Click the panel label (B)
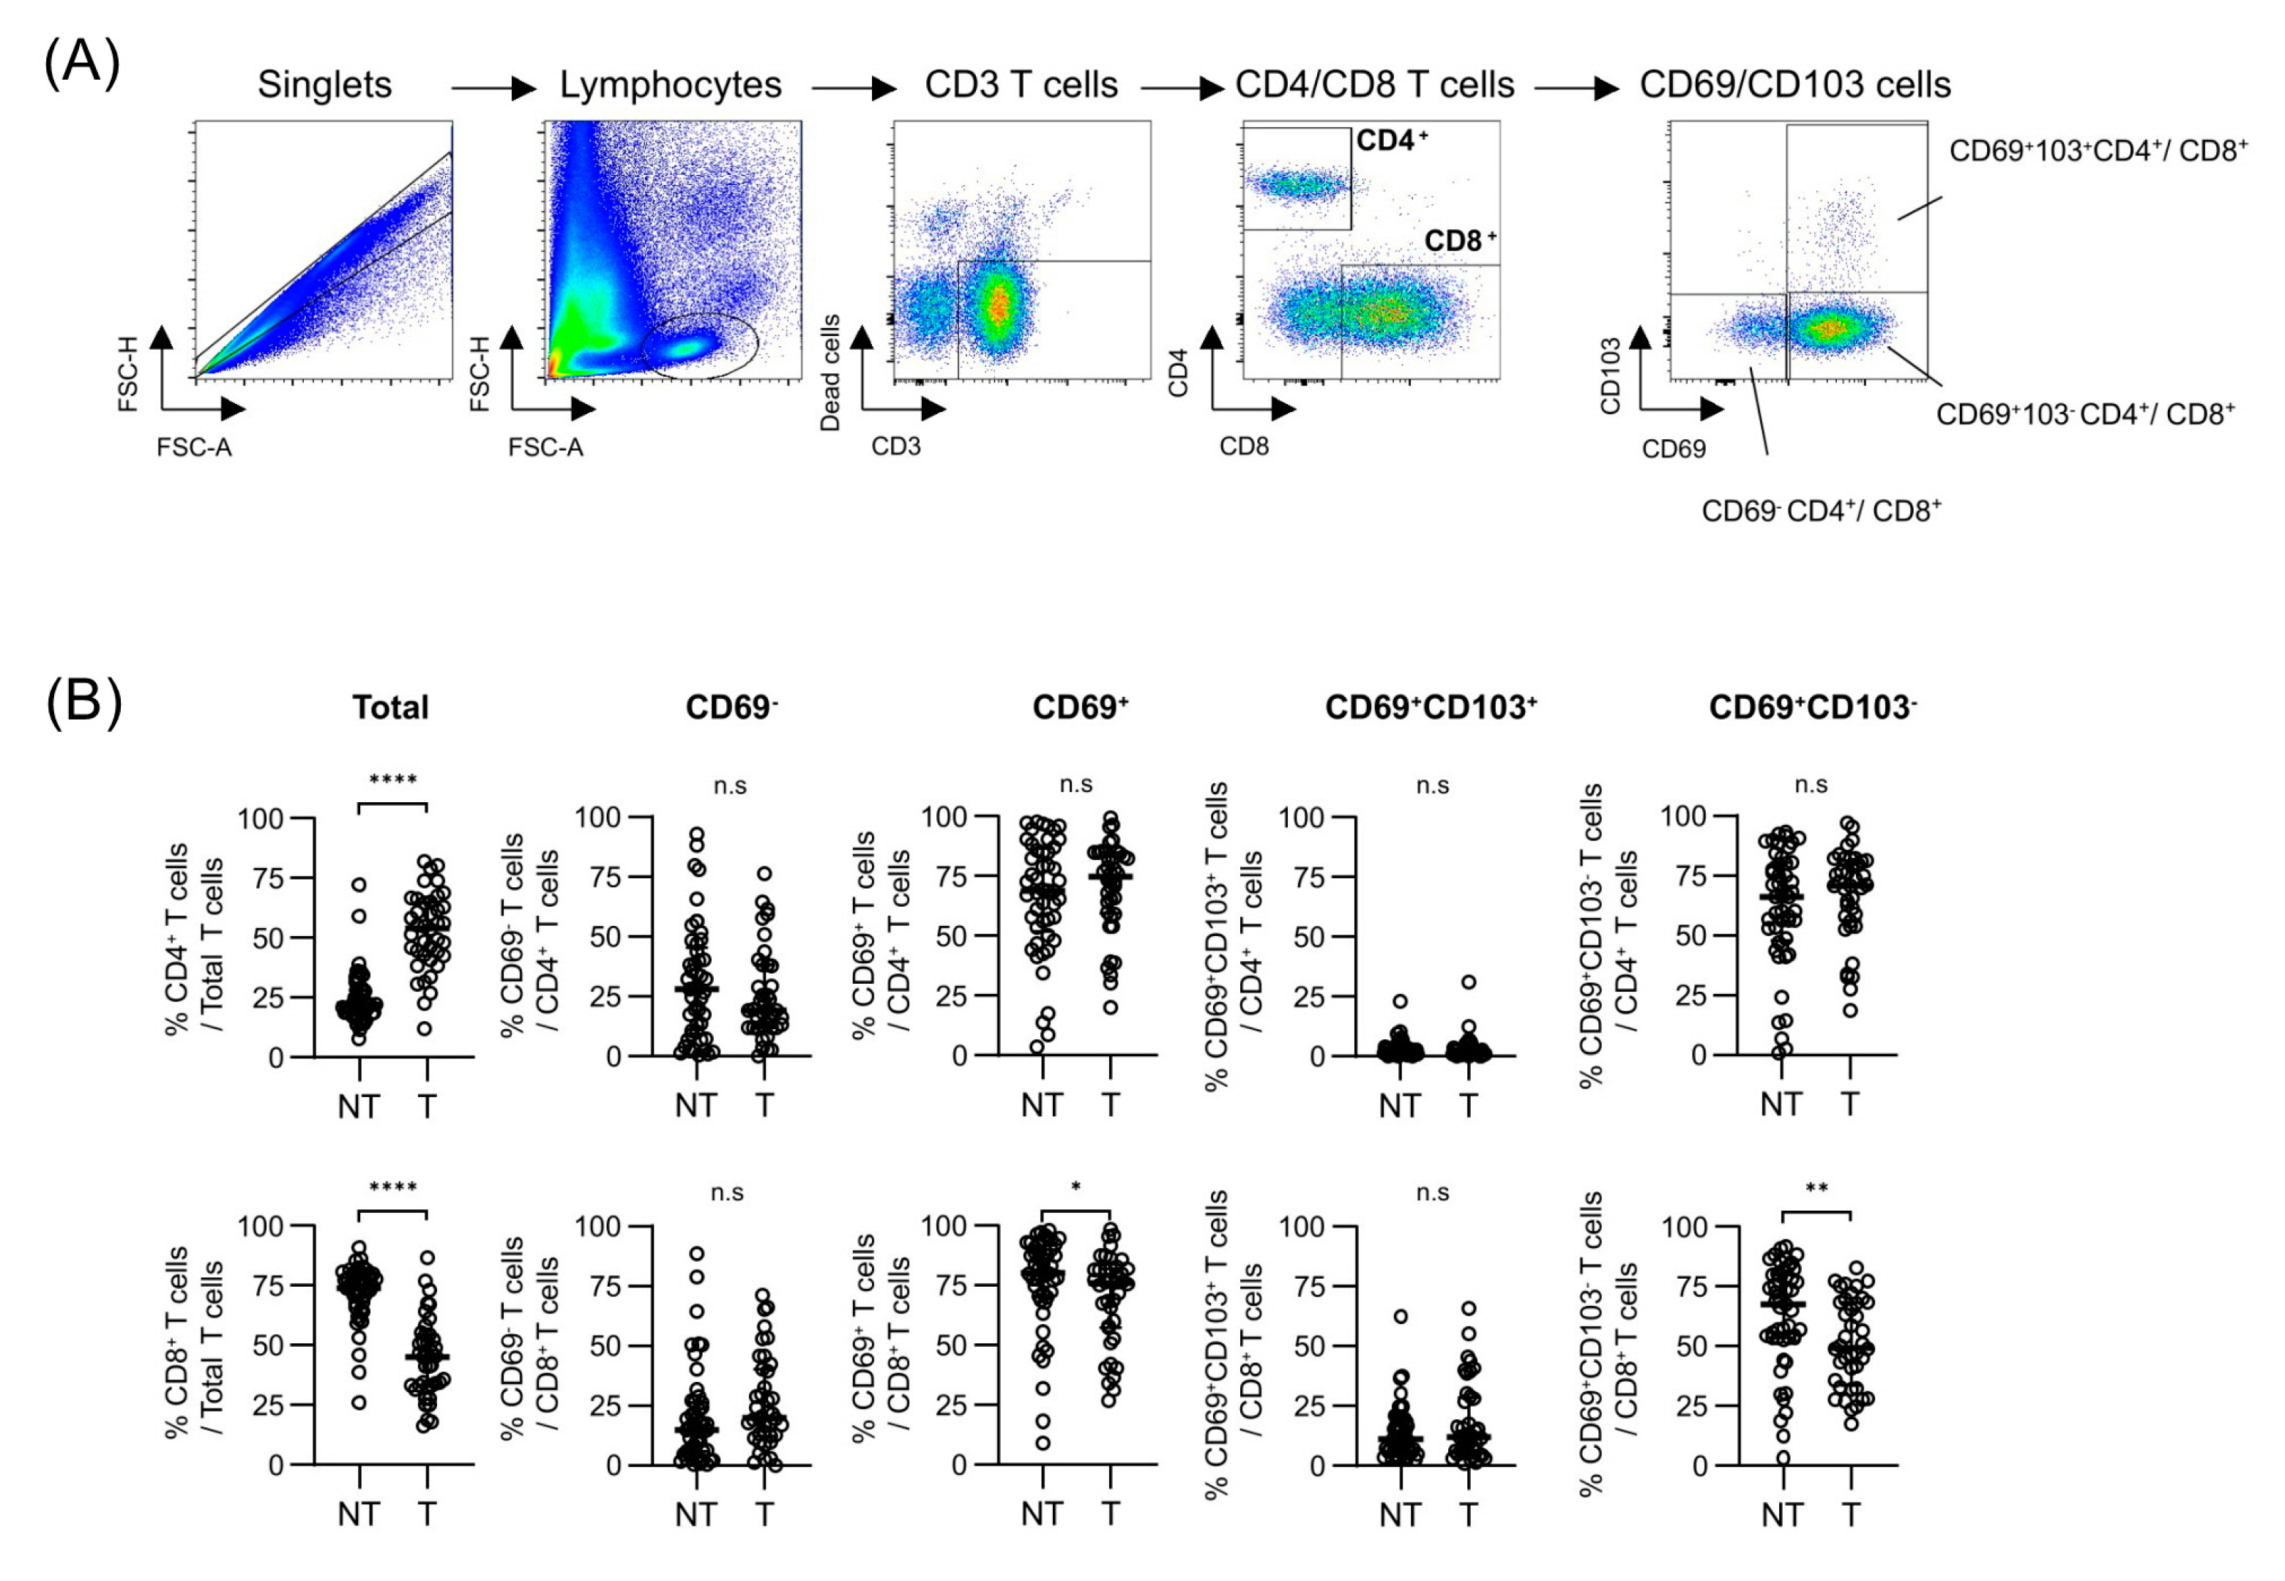[84, 703]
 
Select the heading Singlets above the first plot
[324, 85]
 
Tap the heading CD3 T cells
[1021, 85]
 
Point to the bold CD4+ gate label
[1391, 141]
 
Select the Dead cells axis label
[830, 373]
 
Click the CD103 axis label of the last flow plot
[1610, 375]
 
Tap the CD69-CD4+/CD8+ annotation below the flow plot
[1820, 511]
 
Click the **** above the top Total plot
[392, 780]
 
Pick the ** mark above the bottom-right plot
[1816, 1189]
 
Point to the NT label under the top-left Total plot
[358, 1107]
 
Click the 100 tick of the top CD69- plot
[597, 818]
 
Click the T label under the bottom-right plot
[1850, 1514]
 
